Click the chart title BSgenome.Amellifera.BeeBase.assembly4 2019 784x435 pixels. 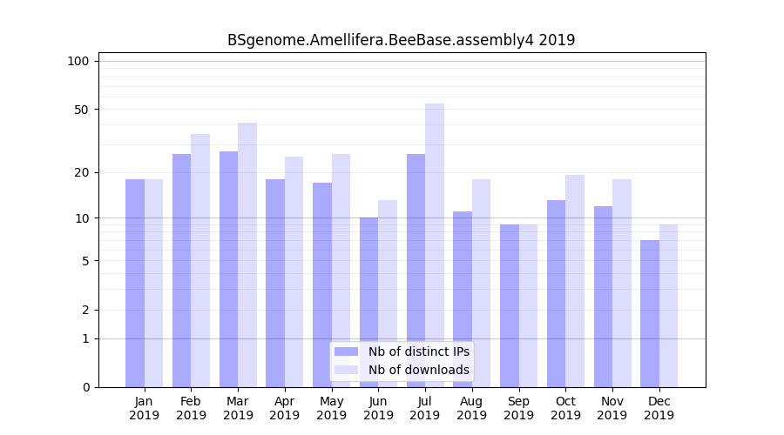[401, 40]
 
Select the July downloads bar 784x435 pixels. [435, 245]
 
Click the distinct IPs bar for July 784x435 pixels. [416, 271]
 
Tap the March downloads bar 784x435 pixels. [247, 255]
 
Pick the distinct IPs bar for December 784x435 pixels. [650, 313]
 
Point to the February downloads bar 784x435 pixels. [200, 260]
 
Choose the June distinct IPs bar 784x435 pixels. [369, 302]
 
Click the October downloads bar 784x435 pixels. [575, 281]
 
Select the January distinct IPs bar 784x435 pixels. [135, 283]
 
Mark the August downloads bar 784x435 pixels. [481, 283]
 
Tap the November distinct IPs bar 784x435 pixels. [603, 297]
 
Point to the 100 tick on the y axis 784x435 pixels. [78, 61]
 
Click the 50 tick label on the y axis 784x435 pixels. [82, 110]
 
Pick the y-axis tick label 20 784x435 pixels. [82, 172]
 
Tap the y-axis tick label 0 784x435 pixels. [85, 387]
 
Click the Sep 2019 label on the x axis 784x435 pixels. [518, 408]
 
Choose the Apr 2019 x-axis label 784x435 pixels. [285, 408]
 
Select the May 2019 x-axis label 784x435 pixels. [331, 408]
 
